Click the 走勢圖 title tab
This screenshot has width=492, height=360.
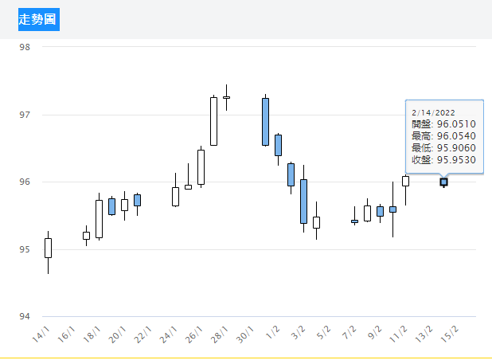(39, 19)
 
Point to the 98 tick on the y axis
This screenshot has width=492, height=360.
(25, 47)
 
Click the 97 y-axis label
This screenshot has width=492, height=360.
(25, 115)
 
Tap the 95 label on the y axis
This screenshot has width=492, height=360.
(25, 249)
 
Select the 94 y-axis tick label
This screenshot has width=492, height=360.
(25, 317)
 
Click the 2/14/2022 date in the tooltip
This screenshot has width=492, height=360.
(434, 112)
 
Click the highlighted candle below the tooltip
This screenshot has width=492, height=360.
(443, 182)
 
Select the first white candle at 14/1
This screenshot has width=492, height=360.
(48, 248)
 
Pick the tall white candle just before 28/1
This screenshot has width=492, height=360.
(213, 121)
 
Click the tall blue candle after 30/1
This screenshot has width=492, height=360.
(265, 122)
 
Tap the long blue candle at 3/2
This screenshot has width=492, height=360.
(303, 202)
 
